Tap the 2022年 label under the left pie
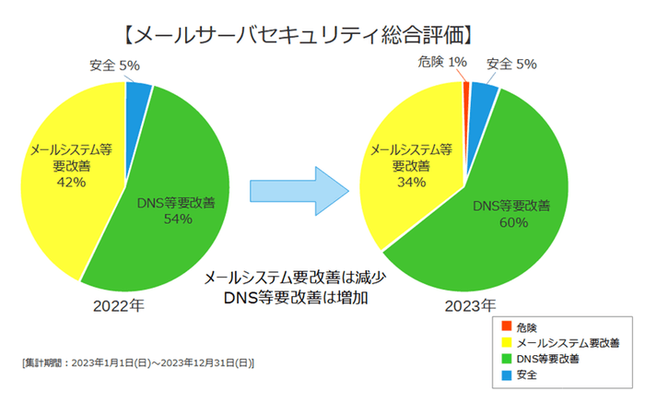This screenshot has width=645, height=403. [118, 306]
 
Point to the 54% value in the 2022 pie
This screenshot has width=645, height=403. [177, 219]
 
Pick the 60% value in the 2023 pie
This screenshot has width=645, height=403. [512, 222]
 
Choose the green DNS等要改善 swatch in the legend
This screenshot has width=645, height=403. [508, 360]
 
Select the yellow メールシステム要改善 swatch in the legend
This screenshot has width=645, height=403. [508, 343]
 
